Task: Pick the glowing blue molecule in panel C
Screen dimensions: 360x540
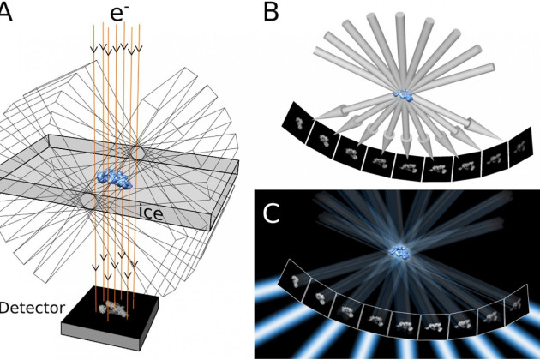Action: [400, 251]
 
